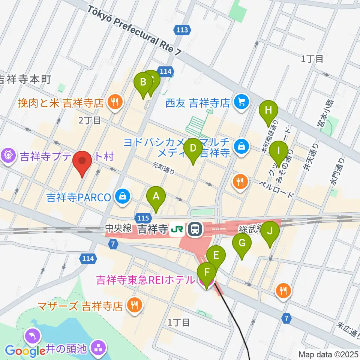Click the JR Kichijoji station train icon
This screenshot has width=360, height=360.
pyautogui.click(x=195, y=229)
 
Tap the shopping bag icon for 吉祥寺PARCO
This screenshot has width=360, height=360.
pyautogui.click(x=122, y=196)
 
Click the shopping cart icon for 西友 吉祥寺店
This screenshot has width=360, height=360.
pyautogui.click(x=241, y=102)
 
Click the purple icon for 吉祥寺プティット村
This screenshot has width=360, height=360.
pyautogui.click(x=8, y=156)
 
